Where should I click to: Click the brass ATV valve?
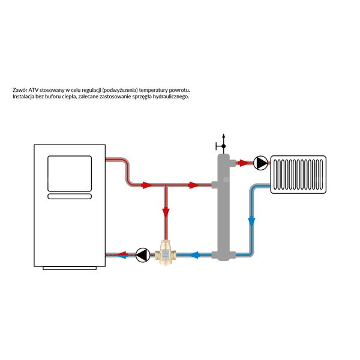(166, 252)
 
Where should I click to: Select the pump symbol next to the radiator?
(260, 163)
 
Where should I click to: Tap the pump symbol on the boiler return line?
(143, 255)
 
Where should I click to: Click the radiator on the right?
(298, 175)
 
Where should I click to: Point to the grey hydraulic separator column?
(224, 208)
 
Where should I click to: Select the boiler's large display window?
(70, 173)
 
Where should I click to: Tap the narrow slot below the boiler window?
(70, 196)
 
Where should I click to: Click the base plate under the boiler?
(70, 268)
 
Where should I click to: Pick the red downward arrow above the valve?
(166, 212)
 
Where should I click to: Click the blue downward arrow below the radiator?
(251, 221)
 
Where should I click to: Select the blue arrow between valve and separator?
(194, 254)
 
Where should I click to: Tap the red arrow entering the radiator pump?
(242, 163)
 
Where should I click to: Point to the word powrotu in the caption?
(179, 90)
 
